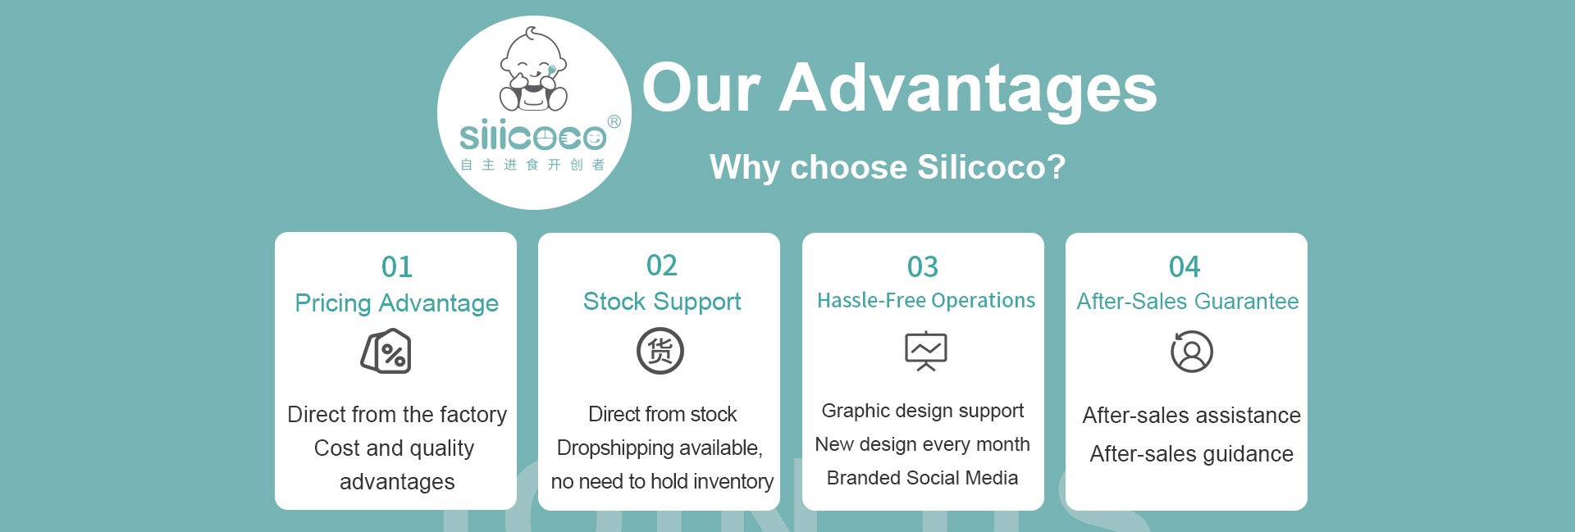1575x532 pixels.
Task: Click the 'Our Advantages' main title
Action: pyautogui.click(x=899, y=89)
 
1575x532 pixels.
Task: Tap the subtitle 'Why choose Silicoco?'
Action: pyautogui.click(x=888, y=167)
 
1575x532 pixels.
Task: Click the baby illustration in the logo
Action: pyautogui.click(x=533, y=70)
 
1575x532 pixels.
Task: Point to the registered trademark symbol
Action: pyautogui.click(x=614, y=122)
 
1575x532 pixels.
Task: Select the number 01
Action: pyautogui.click(x=397, y=266)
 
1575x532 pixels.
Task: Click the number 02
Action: pyautogui.click(x=662, y=265)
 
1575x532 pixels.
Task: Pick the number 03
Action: pyautogui.click(x=923, y=266)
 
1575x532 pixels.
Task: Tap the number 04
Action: pyautogui.click(x=1185, y=266)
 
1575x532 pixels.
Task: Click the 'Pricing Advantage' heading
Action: pyautogui.click(x=397, y=303)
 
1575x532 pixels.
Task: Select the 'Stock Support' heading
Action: pyautogui.click(x=662, y=302)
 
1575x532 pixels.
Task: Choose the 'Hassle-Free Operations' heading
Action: pyautogui.click(x=926, y=300)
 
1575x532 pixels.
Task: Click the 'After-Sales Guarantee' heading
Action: pyautogui.click(x=1188, y=301)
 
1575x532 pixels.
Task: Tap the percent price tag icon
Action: pyautogui.click(x=386, y=352)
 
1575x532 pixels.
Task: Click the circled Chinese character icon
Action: pyautogui.click(x=660, y=351)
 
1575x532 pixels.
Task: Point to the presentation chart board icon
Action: pyautogui.click(x=926, y=352)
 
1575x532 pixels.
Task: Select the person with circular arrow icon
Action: pyautogui.click(x=1192, y=352)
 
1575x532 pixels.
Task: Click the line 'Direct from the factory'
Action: pyautogui.click(x=397, y=415)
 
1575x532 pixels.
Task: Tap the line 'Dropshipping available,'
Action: pyautogui.click(x=660, y=448)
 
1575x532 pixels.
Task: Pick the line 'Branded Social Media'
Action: pyautogui.click(x=922, y=478)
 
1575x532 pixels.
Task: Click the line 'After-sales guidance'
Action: pyautogui.click(x=1191, y=454)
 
